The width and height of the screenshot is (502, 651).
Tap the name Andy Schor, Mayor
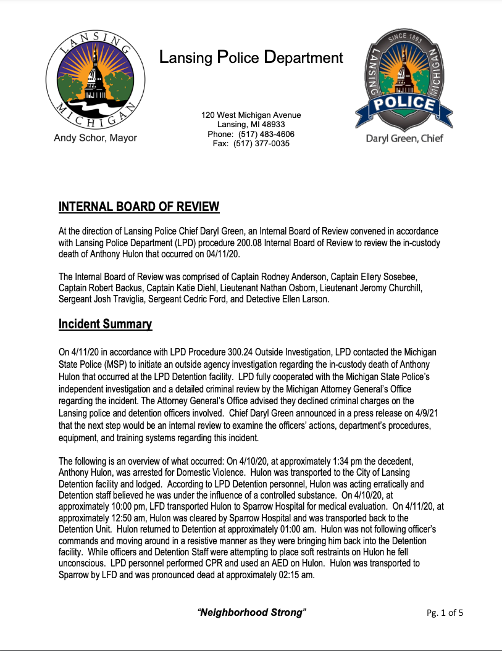95,138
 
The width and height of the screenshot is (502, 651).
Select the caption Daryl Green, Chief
404,138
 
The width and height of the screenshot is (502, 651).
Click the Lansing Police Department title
251,58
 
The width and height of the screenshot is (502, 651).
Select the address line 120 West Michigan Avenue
251,115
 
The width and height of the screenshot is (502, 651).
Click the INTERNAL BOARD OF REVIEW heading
139,206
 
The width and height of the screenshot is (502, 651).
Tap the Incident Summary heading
105,324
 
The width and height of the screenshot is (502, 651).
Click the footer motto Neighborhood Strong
251,612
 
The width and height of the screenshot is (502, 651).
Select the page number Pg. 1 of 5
445,613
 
